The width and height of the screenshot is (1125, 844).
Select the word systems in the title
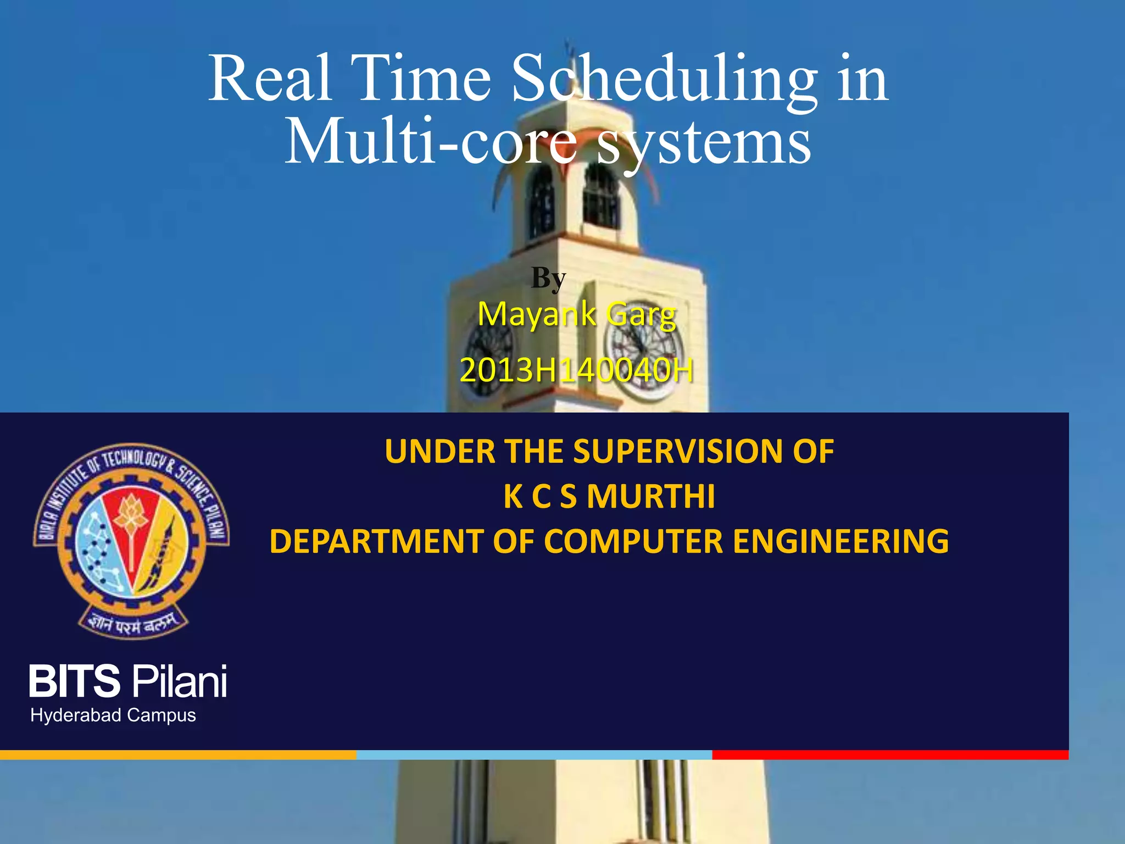[x=704, y=142]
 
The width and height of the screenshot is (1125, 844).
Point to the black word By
[x=548, y=278]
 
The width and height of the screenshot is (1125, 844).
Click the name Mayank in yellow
[x=537, y=315]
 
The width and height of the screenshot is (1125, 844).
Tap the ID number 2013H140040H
[x=576, y=370]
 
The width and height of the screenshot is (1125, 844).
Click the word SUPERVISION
[x=678, y=452]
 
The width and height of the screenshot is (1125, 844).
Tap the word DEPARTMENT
[x=377, y=541]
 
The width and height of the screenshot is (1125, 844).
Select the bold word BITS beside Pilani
[x=74, y=681]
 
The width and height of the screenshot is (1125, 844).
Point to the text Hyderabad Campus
[x=113, y=715]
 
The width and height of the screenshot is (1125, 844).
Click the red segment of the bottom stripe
[x=890, y=755]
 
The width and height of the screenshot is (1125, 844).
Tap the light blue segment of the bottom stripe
[x=534, y=755]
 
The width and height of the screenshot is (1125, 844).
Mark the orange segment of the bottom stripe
[x=178, y=755]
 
